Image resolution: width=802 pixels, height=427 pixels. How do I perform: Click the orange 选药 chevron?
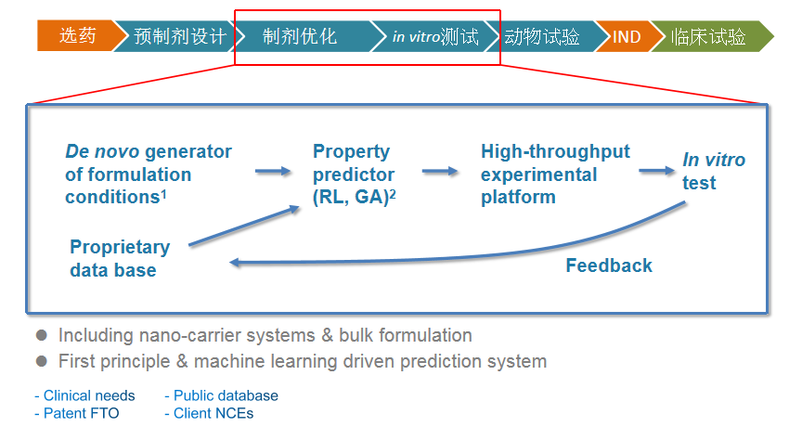click(x=77, y=36)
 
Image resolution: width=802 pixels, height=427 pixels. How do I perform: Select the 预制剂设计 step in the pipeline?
click(x=179, y=36)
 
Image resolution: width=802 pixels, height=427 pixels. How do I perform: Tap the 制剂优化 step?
click(x=300, y=37)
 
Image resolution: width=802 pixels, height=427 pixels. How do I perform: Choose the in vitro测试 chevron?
click(x=434, y=37)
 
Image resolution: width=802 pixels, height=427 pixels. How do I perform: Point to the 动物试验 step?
click(x=543, y=37)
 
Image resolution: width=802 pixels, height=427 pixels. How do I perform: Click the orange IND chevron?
click(x=626, y=37)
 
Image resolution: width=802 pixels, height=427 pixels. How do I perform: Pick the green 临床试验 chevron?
click(x=709, y=37)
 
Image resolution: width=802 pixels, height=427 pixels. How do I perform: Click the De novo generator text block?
click(x=149, y=174)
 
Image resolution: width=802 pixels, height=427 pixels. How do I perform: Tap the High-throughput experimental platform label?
click(x=555, y=174)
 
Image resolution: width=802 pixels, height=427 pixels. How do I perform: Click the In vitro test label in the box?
click(x=713, y=171)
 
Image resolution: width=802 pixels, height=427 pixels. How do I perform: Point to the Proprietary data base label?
click(x=120, y=259)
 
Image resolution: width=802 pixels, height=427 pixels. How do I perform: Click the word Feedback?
click(x=609, y=265)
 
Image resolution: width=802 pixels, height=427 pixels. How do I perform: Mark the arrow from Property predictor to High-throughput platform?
click(x=440, y=171)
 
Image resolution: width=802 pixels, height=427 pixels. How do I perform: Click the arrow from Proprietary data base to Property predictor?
click(x=243, y=226)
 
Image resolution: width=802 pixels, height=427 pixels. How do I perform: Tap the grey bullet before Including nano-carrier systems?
click(x=41, y=335)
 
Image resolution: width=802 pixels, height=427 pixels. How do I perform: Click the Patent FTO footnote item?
click(x=77, y=413)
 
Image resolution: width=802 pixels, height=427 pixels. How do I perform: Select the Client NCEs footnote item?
click(x=209, y=413)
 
